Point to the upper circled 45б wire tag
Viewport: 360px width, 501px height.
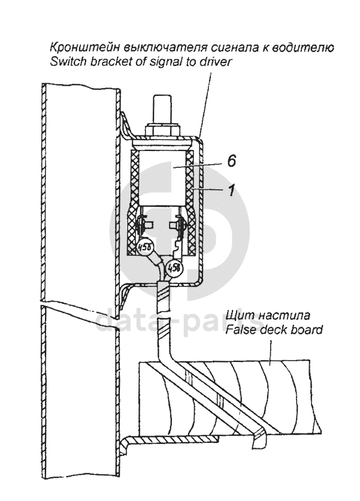click(144, 247)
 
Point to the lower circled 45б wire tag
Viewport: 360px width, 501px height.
click(174, 267)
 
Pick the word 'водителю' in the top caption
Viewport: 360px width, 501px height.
click(311, 47)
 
